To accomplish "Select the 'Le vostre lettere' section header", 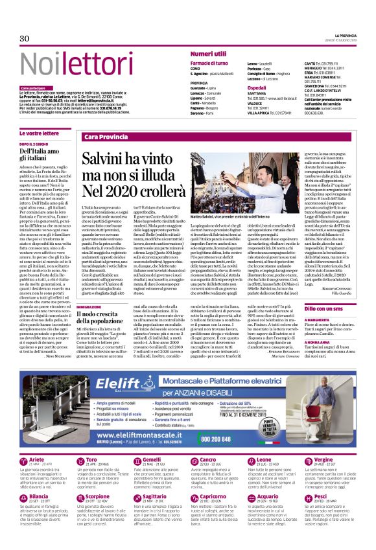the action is point(38,133).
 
